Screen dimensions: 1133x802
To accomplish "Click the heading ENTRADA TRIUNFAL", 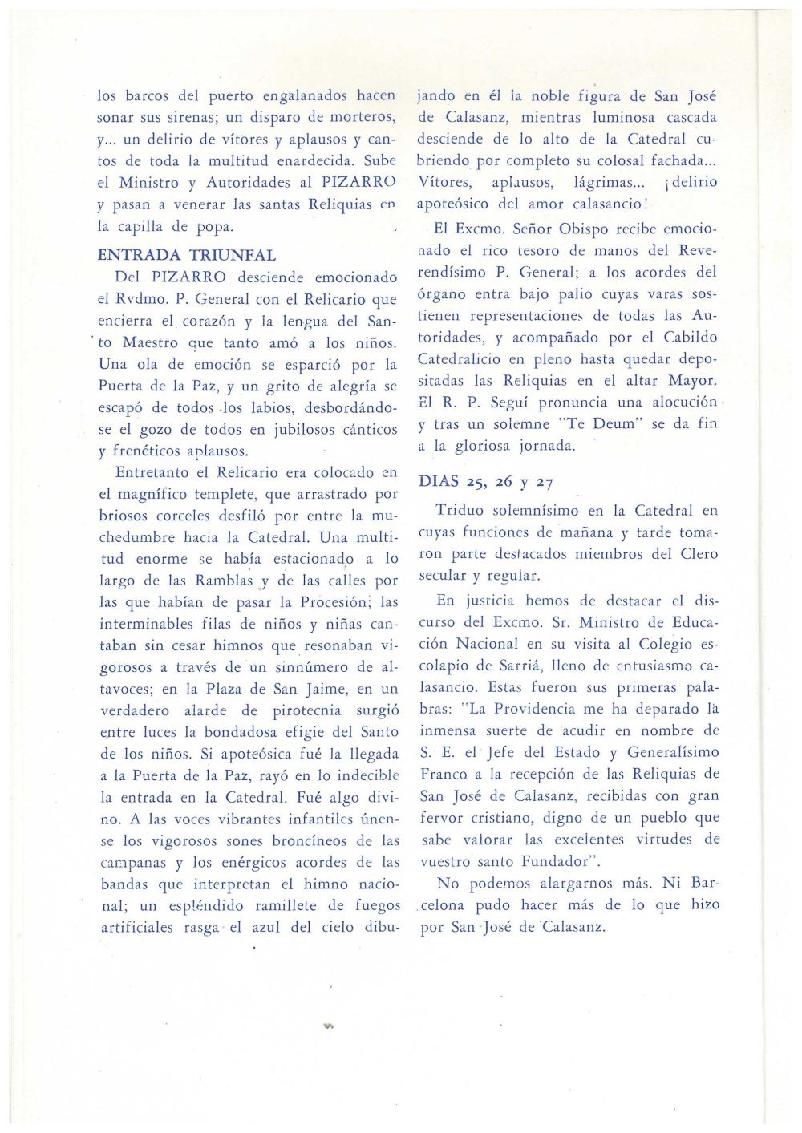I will pyautogui.click(x=187, y=256).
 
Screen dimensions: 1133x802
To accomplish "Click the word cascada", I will pyautogui.click(x=691, y=118).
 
